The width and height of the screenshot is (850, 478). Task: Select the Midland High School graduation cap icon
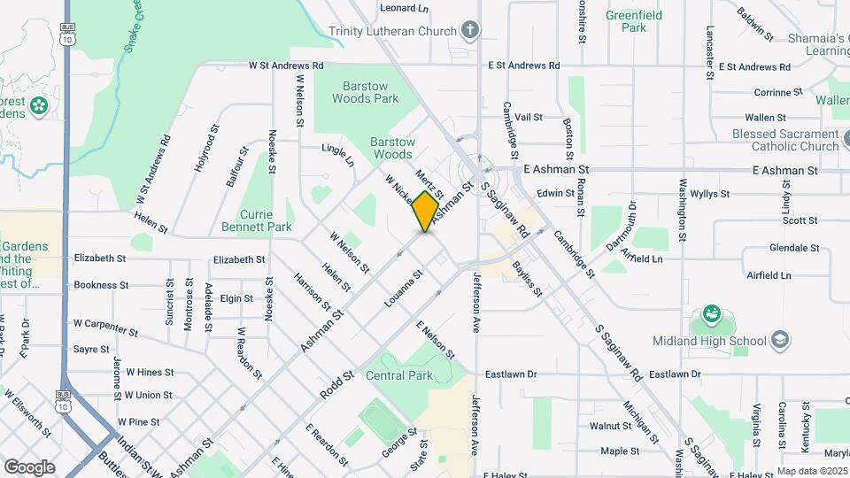point(780,340)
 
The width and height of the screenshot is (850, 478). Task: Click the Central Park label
point(398,375)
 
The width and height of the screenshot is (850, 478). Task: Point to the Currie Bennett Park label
point(266,220)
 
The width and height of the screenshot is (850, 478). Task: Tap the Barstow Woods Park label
point(366,92)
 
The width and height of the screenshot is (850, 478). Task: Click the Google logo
point(29,466)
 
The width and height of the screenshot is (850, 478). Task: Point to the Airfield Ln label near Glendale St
point(767,275)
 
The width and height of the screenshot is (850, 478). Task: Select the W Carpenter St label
point(106,328)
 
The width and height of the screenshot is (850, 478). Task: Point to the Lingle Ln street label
point(337,156)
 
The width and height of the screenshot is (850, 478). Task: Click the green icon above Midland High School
point(711,314)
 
